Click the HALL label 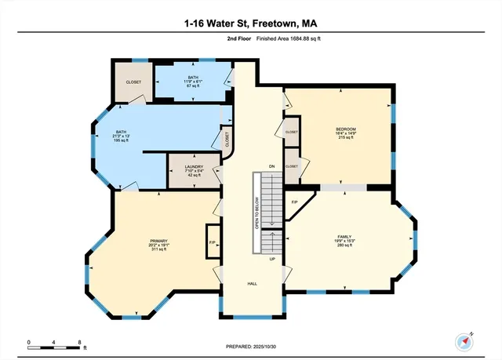[253, 284]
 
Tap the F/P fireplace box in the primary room [213, 242]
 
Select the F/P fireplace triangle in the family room [295, 202]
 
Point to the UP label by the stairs [272, 258]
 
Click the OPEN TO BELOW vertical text [256, 213]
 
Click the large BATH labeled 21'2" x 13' [121, 136]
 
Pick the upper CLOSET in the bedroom [292, 132]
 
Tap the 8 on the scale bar [80, 343]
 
